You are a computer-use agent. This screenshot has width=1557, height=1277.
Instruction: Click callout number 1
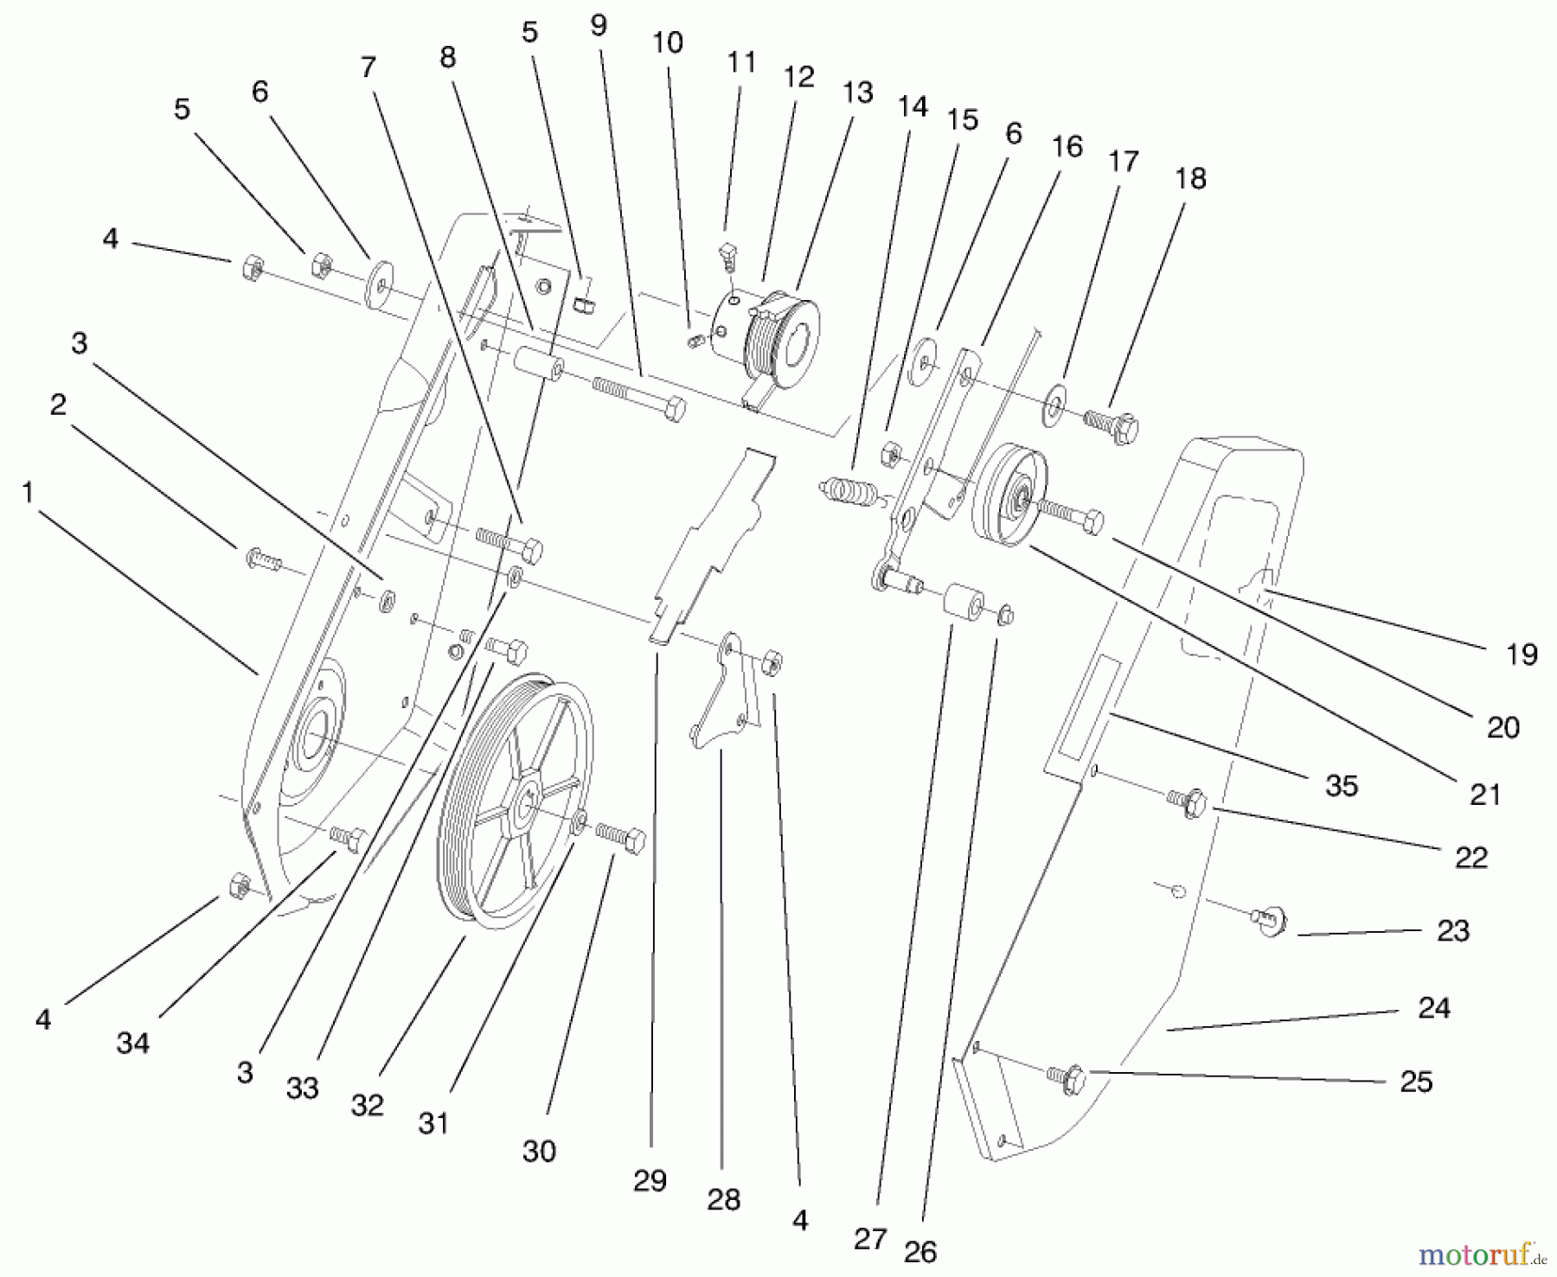(28, 493)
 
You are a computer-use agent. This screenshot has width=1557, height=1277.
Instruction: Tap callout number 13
(857, 93)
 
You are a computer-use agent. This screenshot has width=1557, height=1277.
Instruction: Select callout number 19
(1522, 654)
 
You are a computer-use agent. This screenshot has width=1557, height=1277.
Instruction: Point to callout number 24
(1433, 1008)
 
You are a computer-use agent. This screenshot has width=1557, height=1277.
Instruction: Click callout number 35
(1342, 785)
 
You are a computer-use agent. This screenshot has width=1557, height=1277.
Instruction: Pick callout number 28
(723, 1199)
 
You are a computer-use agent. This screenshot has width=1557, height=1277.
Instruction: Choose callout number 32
(367, 1105)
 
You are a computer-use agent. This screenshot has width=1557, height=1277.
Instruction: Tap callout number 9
(599, 26)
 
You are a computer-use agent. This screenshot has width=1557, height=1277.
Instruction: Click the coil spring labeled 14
(851, 491)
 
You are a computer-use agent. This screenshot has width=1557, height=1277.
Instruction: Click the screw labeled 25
(1067, 1076)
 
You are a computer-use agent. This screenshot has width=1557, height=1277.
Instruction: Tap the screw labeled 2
(264, 559)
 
